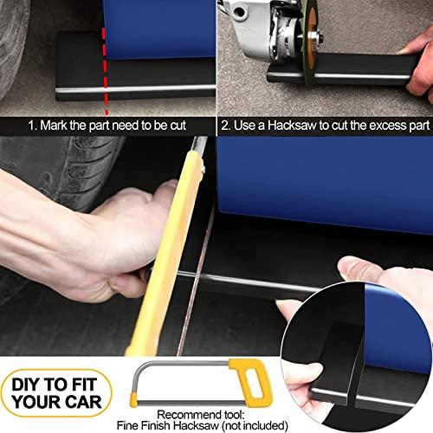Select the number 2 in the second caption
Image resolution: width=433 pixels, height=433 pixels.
click(x=226, y=124)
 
